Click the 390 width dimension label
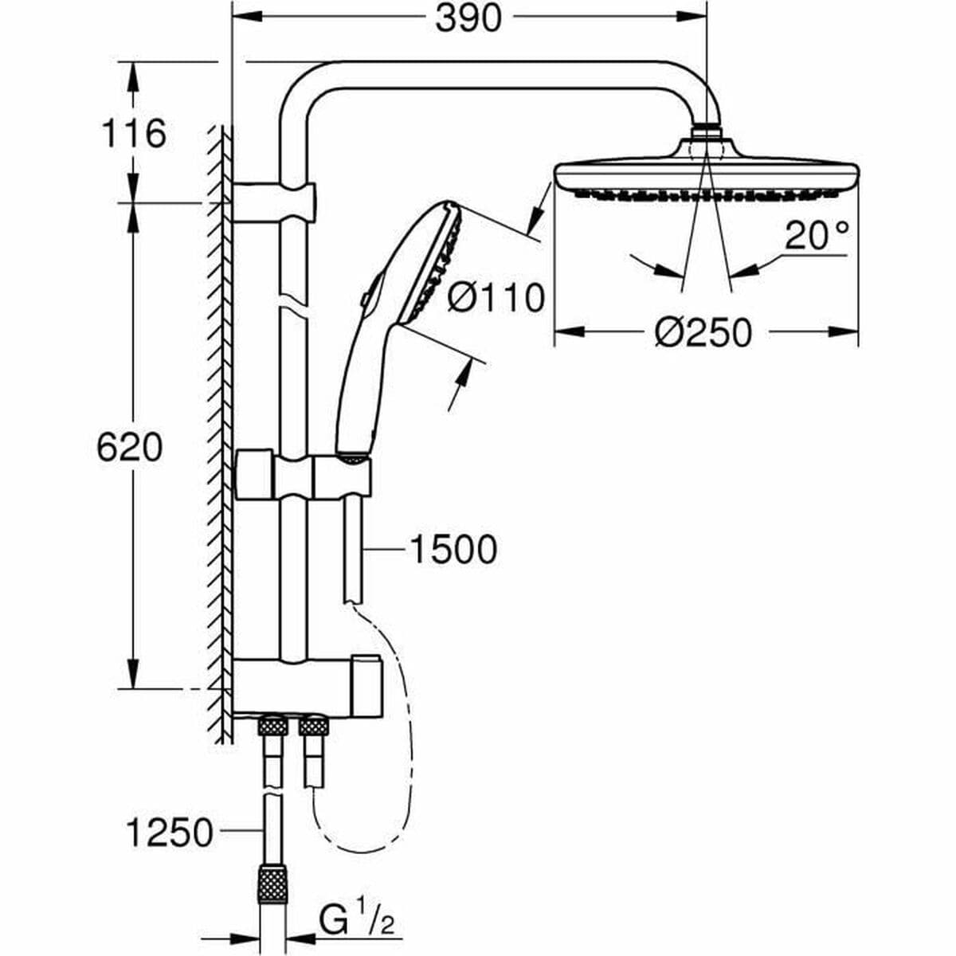(468, 18)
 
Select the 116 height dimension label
(133, 133)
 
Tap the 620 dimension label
(129, 448)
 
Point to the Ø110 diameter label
(496, 298)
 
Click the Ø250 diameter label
(703, 332)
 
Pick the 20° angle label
(817, 236)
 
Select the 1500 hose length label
(453, 549)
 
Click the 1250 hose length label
(170, 833)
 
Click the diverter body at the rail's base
(303, 685)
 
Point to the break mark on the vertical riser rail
(293, 308)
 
